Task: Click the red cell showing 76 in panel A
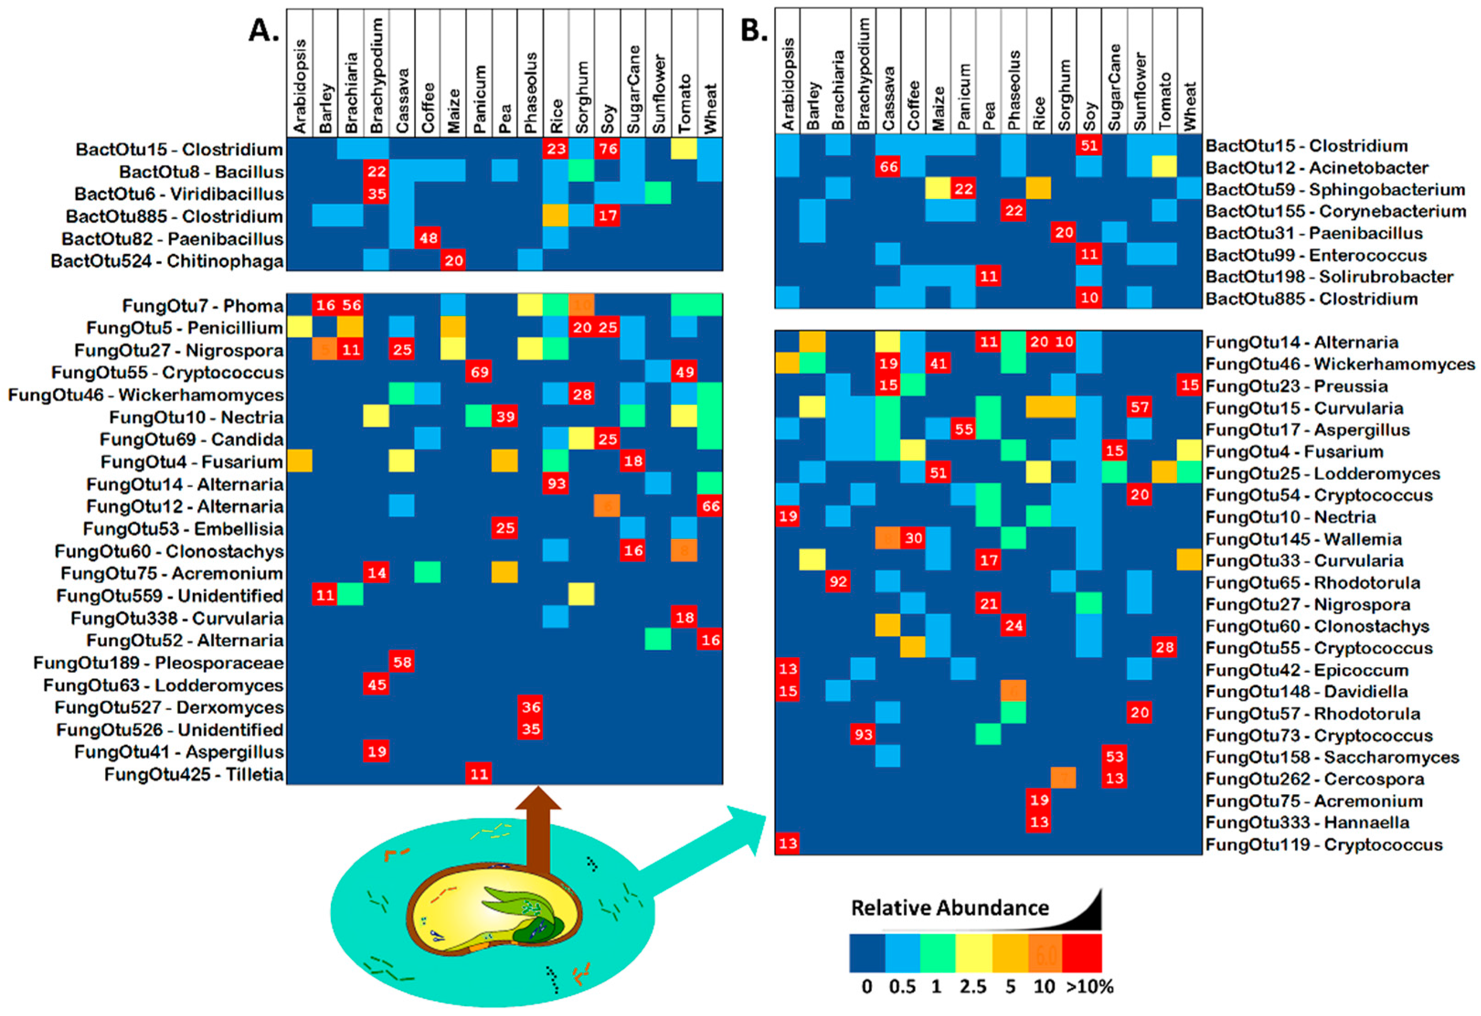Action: pyautogui.click(x=607, y=149)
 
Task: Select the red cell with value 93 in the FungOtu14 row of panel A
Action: pyautogui.click(x=556, y=484)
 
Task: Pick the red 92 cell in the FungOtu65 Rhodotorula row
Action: pyautogui.click(x=838, y=582)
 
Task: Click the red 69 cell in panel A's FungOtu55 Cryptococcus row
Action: pyautogui.click(x=479, y=372)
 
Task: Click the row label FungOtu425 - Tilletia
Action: pyautogui.click(x=194, y=774)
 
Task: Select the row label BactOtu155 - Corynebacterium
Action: pyautogui.click(x=1336, y=211)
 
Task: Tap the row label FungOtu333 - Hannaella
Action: pyautogui.click(x=1307, y=822)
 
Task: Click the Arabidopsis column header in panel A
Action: pyautogui.click(x=299, y=86)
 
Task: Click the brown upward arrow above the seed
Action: pyautogui.click(x=538, y=828)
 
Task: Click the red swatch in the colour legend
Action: pyautogui.click(x=1082, y=953)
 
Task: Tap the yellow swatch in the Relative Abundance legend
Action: pyautogui.click(x=973, y=953)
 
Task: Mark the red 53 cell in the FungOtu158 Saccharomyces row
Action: pyautogui.click(x=1115, y=757)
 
